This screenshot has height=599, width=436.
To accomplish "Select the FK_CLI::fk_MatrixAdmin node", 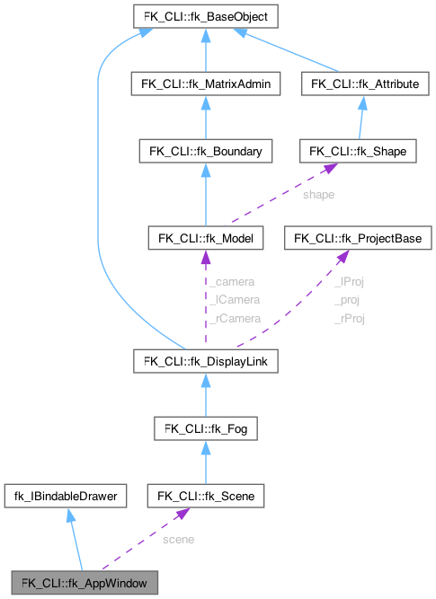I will [x=206, y=83].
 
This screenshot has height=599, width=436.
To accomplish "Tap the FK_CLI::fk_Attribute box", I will [x=363, y=83].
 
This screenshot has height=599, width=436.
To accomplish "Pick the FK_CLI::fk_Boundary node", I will [x=206, y=152].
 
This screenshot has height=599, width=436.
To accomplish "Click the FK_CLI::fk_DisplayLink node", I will [x=206, y=361].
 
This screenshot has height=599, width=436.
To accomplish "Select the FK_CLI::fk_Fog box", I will [x=206, y=428].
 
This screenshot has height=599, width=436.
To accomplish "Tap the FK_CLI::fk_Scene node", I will [x=206, y=496].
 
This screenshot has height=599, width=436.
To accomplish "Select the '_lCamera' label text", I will [x=235, y=299].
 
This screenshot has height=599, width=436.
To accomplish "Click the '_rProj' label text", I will [x=350, y=318].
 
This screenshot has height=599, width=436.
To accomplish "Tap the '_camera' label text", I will [x=236, y=281].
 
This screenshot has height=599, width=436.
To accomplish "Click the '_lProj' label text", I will [x=349, y=281].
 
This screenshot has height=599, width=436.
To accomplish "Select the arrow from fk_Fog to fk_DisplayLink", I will [x=206, y=395].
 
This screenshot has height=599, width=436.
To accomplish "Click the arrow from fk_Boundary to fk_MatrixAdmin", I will [x=206, y=117].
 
